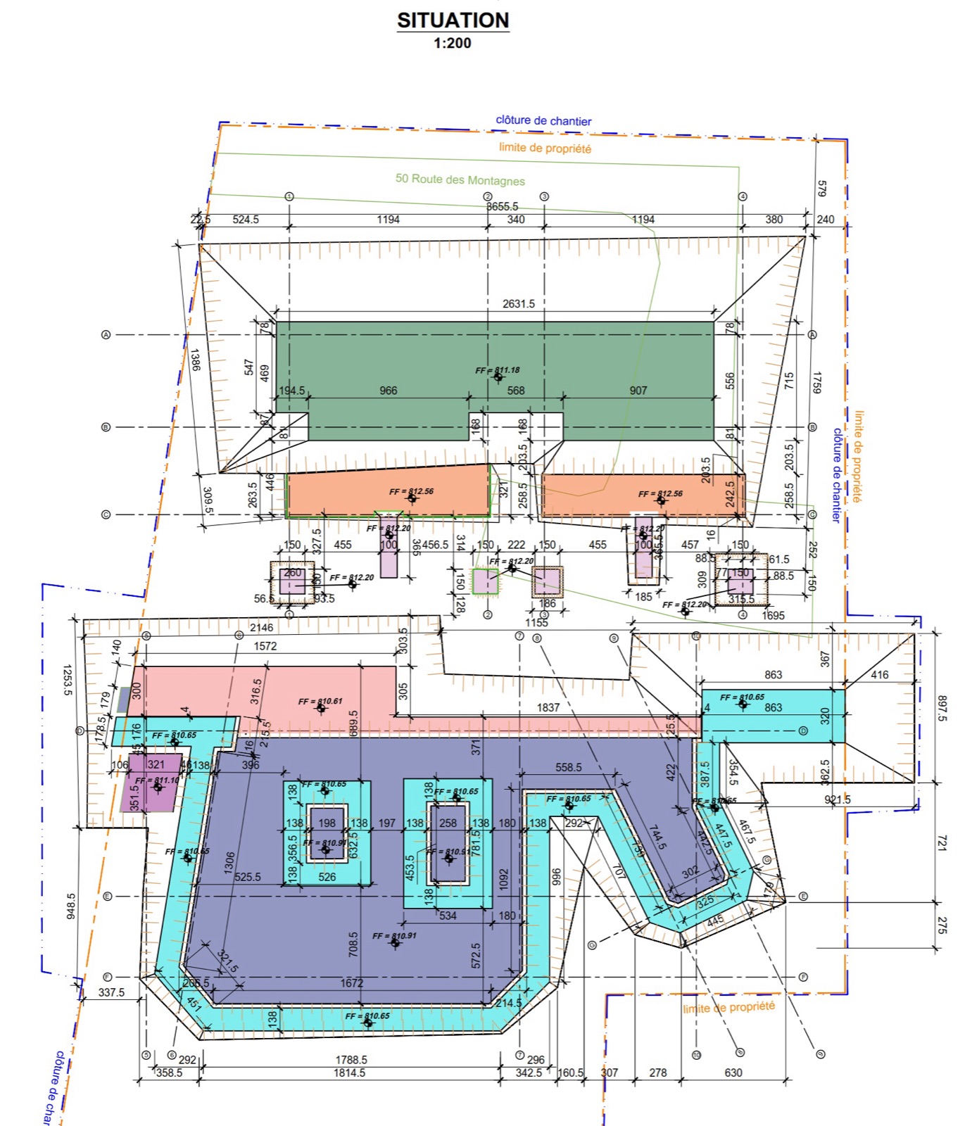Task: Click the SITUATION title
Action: coord(453,20)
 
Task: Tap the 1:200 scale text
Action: coord(452,43)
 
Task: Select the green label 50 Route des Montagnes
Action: coord(460,179)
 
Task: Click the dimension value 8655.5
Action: coord(502,206)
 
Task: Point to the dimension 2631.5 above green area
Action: coord(518,304)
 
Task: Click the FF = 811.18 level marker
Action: coord(497,370)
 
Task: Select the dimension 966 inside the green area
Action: coord(389,391)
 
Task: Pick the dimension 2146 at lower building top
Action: coord(261,628)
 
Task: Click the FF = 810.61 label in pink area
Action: coord(320,702)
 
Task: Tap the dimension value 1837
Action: coord(548,707)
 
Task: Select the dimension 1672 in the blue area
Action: coord(352,983)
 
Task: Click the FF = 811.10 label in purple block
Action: coord(157,780)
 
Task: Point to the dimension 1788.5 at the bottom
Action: coord(351,1059)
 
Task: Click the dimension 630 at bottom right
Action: coord(733,1073)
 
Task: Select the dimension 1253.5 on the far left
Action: coord(68,680)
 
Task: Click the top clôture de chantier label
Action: coord(543,120)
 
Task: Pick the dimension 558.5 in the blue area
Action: coord(568,767)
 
